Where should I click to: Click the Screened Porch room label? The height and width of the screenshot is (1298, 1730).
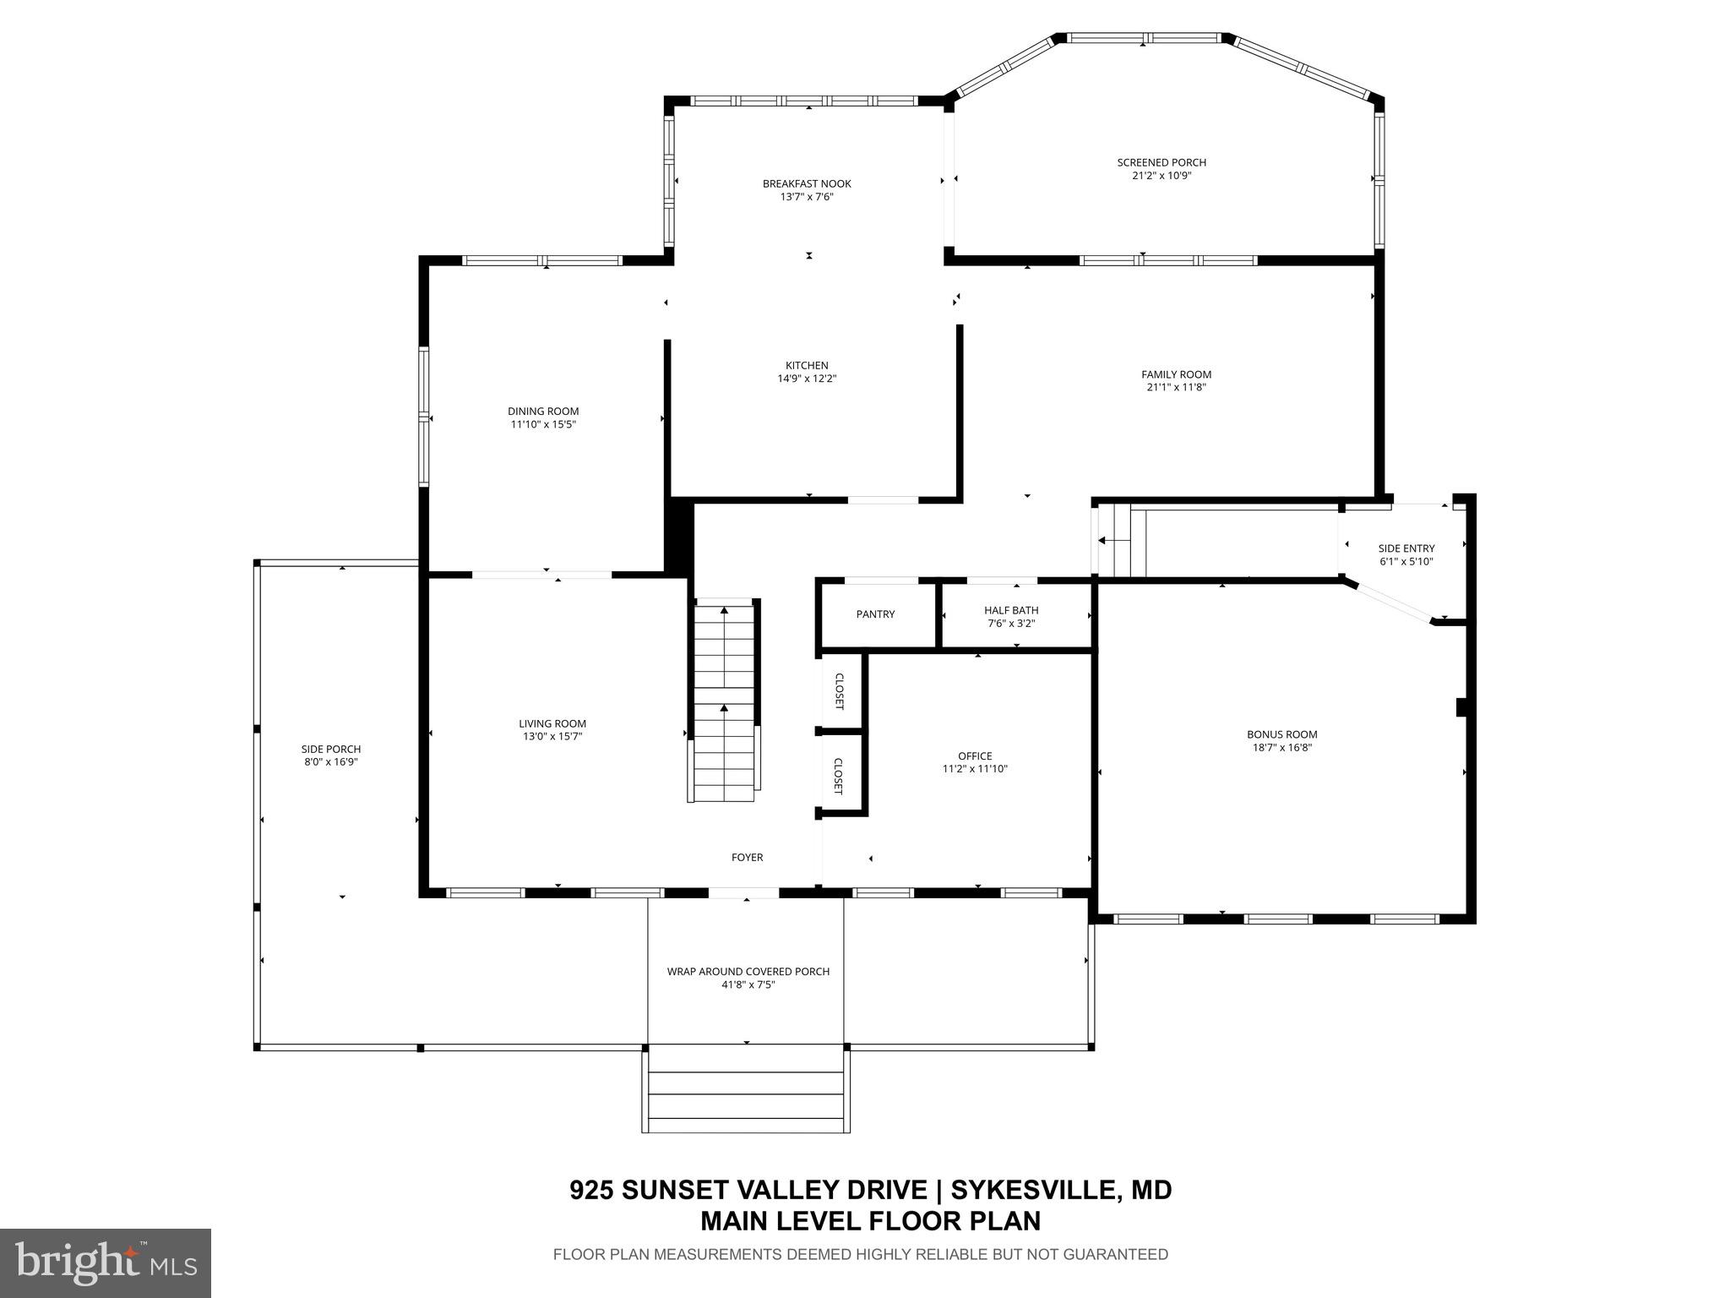pos(1161,162)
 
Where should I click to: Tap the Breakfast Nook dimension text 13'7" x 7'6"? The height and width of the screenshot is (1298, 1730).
pos(807,197)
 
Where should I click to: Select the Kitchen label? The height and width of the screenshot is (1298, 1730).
pos(807,365)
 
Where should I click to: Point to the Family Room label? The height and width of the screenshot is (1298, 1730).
pos(1176,374)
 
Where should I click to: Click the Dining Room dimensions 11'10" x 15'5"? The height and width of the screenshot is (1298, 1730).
pos(542,424)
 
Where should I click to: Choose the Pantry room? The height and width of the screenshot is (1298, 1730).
pos(875,614)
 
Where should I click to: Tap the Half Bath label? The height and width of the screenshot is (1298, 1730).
pos(1010,610)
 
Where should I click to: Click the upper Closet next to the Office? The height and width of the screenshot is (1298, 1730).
pos(840,691)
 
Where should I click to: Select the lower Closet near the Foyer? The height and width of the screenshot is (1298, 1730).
pos(839,776)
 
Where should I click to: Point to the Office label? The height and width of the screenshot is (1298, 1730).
pos(975,756)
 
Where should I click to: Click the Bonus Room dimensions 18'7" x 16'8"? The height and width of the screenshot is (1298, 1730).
pos(1281,747)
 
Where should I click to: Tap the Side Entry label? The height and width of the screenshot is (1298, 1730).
pos(1406,548)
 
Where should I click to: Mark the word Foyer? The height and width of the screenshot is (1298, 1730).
pos(747,858)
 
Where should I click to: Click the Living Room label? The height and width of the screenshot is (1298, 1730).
pos(552,723)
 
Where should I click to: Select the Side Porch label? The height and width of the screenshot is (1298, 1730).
pos(331,749)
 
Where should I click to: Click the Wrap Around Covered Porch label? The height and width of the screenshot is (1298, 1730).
pos(748,971)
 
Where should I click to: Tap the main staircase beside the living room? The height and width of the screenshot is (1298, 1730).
pos(724,701)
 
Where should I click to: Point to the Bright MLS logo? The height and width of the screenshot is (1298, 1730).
pos(106,1262)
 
